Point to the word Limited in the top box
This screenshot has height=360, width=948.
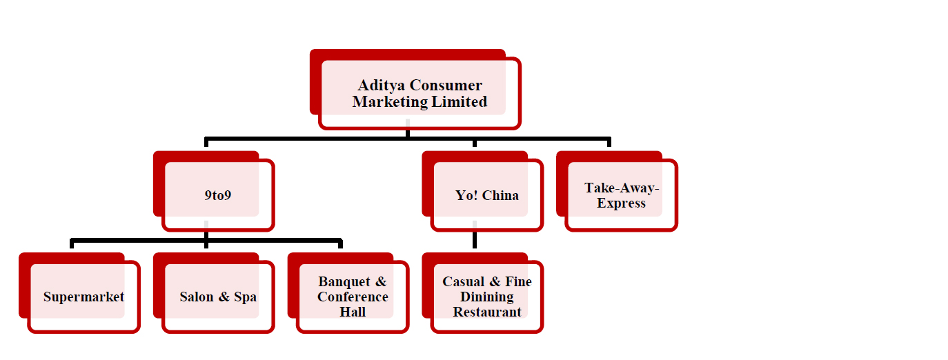click(x=460, y=102)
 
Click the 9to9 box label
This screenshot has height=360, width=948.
click(x=218, y=195)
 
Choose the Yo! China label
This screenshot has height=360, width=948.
click(x=486, y=195)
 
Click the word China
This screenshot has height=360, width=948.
click(x=500, y=195)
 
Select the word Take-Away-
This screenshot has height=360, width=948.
click(x=622, y=188)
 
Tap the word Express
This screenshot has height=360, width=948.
click(x=622, y=203)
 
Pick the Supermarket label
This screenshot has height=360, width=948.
click(x=83, y=297)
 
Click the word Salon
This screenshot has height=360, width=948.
click(x=197, y=297)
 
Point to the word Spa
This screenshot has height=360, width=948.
click(x=245, y=297)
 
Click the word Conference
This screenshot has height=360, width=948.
click(x=353, y=297)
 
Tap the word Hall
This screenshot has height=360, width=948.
click(x=353, y=312)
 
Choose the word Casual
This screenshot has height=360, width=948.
click(x=463, y=282)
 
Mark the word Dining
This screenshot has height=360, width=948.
click(x=487, y=297)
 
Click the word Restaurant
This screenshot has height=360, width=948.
click(x=487, y=312)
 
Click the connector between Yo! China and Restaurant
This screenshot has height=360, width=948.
click(x=475, y=239)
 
